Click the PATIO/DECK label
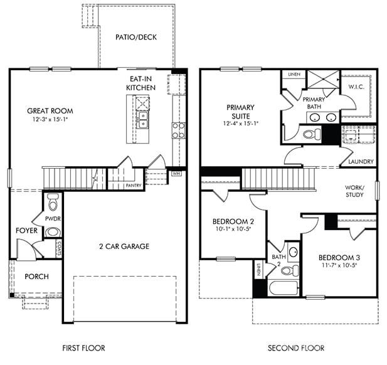[x=135, y=37]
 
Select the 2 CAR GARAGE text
[x=123, y=246]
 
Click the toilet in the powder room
[x=53, y=202]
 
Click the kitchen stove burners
[x=178, y=130]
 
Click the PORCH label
[x=36, y=277]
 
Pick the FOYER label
[x=27, y=231]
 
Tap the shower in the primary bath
[x=321, y=82]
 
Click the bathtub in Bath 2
[x=284, y=290]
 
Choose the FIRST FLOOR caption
[x=83, y=347]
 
